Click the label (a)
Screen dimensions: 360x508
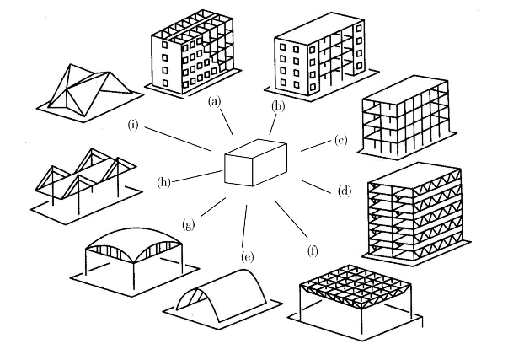[x=215, y=102]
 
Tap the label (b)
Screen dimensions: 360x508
[x=277, y=106]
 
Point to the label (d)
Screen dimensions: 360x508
[x=345, y=191]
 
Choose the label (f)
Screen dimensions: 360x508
[x=313, y=250]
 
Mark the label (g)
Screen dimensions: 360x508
[x=189, y=223]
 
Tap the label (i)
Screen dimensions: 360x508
[x=133, y=125]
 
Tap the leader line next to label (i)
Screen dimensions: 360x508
[x=178, y=139]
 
